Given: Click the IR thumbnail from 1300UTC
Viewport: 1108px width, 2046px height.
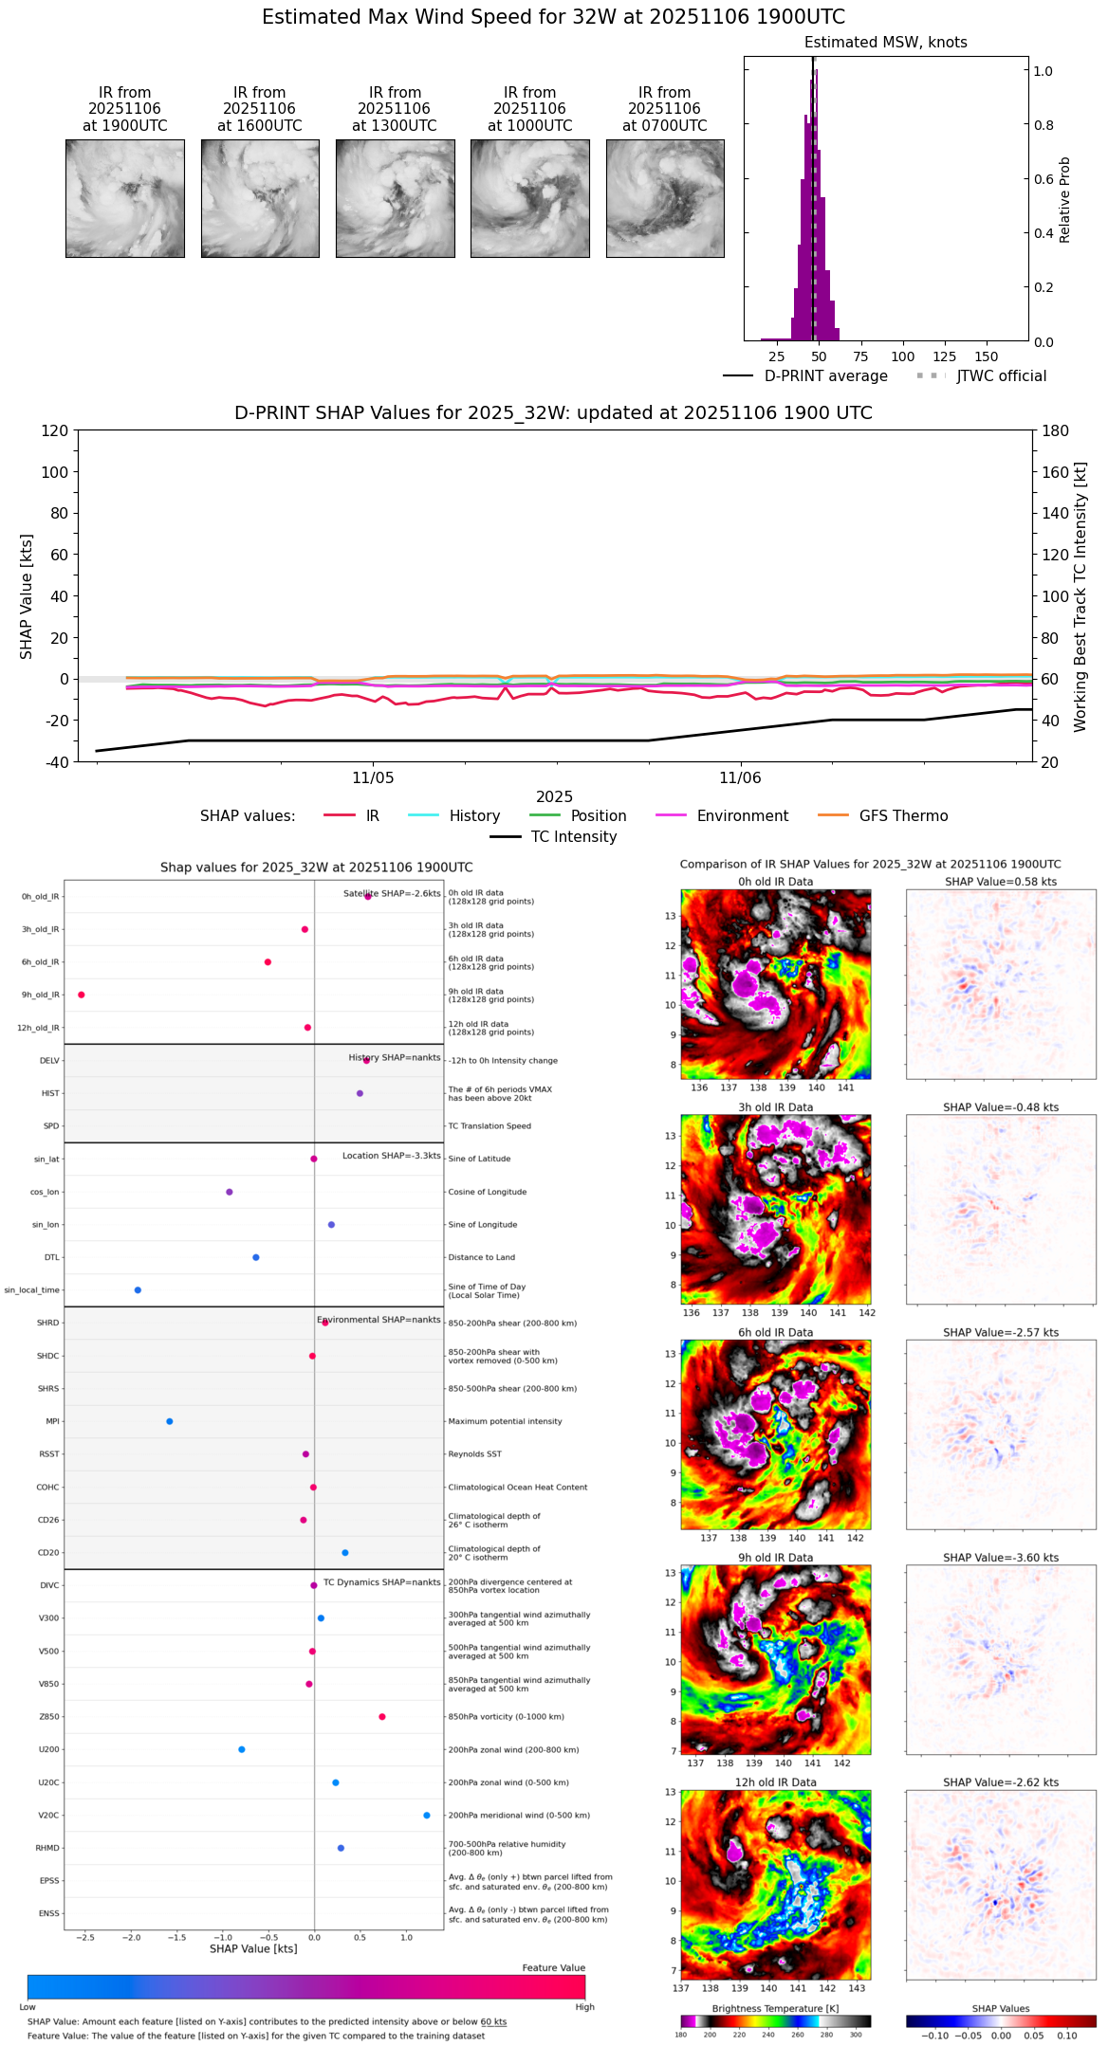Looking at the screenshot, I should pos(395,198).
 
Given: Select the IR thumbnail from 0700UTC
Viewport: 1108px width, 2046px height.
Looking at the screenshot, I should pos(665,198).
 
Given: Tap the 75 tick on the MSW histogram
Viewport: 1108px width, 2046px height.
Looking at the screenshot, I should pos(860,356).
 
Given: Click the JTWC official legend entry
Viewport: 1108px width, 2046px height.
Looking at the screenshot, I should pos(1001,376).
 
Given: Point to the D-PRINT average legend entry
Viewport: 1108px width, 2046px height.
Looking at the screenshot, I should pos(825,376).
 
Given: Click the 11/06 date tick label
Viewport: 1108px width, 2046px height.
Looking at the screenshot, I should pos(740,778).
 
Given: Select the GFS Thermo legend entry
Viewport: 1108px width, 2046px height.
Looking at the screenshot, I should pos(903,816).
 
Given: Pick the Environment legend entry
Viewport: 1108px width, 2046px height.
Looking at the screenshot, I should pos(742,816).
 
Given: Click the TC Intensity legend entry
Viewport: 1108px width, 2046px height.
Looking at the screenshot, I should pos(573,837).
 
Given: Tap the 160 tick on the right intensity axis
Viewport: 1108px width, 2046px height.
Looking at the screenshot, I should pos(1056,472).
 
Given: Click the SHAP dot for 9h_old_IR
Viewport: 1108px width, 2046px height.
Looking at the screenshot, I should pos(82,995).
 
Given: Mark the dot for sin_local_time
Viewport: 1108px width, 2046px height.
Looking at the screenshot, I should pos(138,1290).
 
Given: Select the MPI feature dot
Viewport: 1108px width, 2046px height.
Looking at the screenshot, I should pos(170,1421).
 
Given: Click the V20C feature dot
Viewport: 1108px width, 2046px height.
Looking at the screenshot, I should pos(427,1816).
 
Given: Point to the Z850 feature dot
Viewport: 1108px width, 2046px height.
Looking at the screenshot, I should pos(382,1717).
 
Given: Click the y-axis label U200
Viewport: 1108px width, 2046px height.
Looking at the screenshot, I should pos(48,1750).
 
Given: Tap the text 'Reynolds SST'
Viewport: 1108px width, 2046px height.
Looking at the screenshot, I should pos(475,1454).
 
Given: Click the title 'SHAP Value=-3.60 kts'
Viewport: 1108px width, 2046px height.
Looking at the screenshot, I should pos(1001,1558).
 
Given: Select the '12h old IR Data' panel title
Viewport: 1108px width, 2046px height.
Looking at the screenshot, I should pos(775,1782).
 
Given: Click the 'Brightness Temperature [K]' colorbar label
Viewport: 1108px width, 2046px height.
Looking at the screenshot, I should pos(775,2008).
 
